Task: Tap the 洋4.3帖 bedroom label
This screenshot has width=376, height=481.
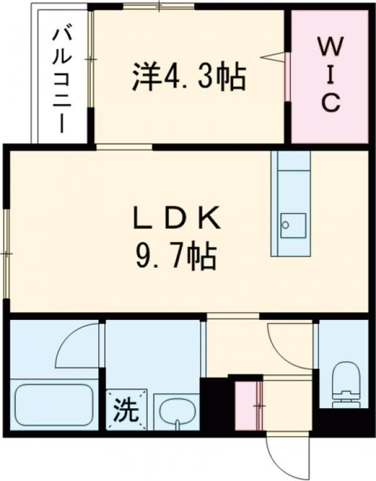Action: point(188,77)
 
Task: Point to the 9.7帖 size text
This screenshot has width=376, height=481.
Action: point(176,256)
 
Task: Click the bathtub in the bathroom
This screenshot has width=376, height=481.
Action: point(55,404)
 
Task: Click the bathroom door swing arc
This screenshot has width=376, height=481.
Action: point(78,347)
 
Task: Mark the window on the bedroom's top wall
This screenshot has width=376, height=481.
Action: point(159,7)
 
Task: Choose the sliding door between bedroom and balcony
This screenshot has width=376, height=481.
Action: point(91,60)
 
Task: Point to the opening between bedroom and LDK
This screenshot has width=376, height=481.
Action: point(124,147)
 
